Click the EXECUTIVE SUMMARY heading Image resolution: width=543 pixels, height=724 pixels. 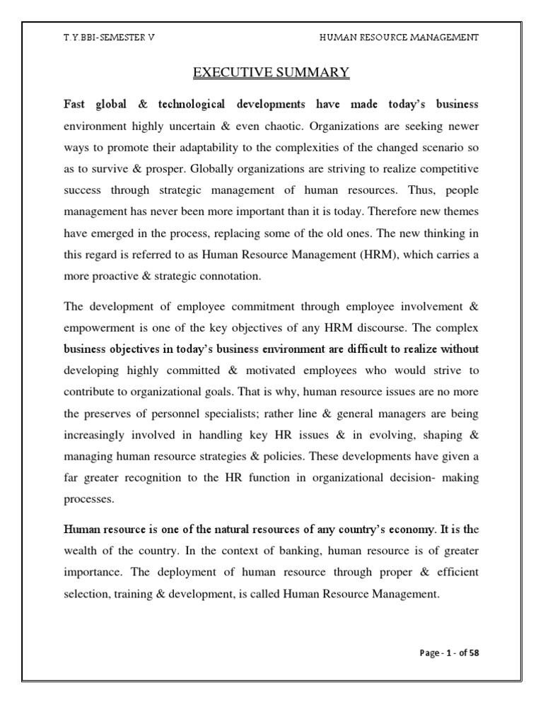pyautogui.click(x=271, y=72)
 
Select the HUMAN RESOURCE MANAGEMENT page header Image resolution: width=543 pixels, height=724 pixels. pyautogui.click(x=399, y=37)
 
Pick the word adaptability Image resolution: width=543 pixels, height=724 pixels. pyautogui.click(x=222, y=151)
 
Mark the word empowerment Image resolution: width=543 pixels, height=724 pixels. pyautogui.click(x=97, y=329)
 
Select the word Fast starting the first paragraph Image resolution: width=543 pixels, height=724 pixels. pyautogui.click(x=75, y=105)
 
